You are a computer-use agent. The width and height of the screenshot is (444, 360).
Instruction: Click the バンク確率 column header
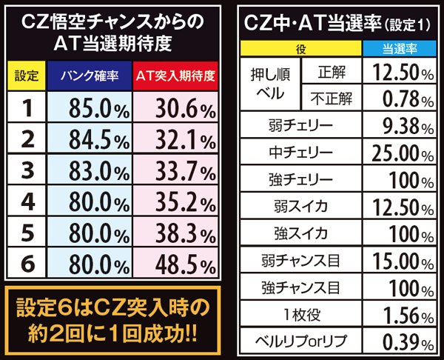[92, 76]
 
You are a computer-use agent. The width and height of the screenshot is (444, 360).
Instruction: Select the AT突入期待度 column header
[176, 76]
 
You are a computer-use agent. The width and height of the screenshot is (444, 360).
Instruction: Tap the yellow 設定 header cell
[27, 76]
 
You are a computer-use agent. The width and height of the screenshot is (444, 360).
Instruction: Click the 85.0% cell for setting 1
[92, 109]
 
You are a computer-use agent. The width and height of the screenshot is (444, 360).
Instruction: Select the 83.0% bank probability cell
[92, 172]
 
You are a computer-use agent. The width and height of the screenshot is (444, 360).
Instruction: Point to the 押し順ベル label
[272, 83]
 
